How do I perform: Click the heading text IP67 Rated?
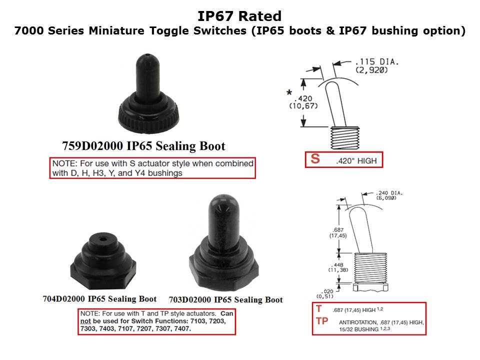pos(239,16)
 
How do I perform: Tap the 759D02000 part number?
pos(92,146)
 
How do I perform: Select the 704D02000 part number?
pos(63,299)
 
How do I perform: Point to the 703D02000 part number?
pos(190,299)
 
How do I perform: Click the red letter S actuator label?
pos(315,159)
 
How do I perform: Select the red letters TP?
pos(322,321)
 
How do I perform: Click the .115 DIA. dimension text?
pos(377,62)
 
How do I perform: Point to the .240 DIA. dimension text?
pos(389,193)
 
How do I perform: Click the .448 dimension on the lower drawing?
pos(338,265)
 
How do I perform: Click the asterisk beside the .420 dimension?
pos(289,92)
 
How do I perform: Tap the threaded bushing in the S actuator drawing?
pos(345,138)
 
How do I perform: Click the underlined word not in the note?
pos(85,321)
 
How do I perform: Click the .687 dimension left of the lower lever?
pos(338,229)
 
